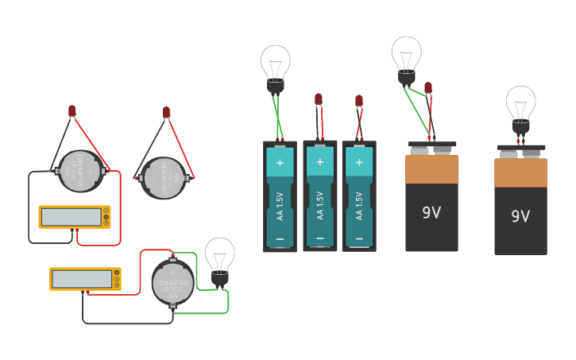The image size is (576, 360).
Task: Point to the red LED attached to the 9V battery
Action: pos(428,87)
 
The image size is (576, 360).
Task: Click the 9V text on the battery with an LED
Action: pos(431,213)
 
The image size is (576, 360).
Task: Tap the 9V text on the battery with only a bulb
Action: pos(520,216)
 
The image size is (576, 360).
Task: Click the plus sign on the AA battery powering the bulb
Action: pos(280,164)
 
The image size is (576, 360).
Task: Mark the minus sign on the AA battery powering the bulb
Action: pos(280,238)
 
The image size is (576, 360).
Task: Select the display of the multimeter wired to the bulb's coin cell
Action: pos(82,279)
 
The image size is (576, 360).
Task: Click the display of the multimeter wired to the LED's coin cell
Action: pos(71,216)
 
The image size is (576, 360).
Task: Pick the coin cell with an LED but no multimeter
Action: pos(164,178)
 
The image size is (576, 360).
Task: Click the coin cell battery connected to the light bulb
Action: pos(172,282)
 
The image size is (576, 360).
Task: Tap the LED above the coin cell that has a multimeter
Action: pos(72,110)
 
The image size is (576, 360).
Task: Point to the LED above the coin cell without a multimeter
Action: pos(166,112)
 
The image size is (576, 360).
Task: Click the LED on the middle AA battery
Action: pos(319,99)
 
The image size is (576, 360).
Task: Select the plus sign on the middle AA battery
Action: pos(320,162)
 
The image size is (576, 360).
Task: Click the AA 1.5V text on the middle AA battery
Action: pos(320,204)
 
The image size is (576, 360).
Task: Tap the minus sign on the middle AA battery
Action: pos(320,238)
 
